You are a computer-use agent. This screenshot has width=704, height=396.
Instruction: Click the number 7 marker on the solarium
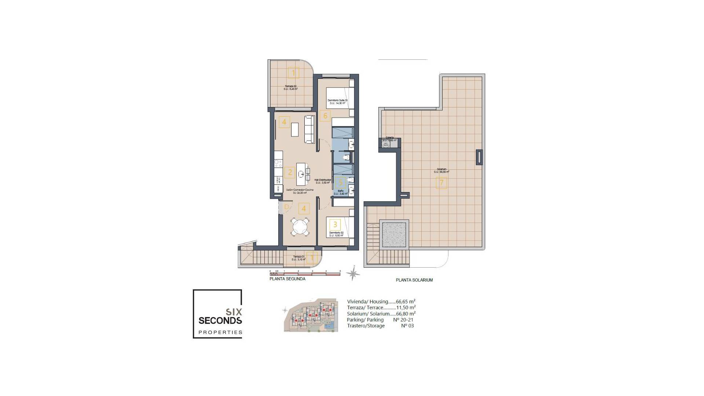pyautogui.click(x=441, y=183)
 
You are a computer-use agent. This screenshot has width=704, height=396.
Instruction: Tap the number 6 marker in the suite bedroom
pyautogui.click(x=325, y=116)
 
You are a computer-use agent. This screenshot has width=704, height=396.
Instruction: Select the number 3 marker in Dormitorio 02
pyautogui.click(x=335, y=224)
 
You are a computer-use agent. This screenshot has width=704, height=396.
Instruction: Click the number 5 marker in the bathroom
pyautogui.click(x=341, y=182)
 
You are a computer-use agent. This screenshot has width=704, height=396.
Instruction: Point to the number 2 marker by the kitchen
pyautogui.click(x=290, y=172)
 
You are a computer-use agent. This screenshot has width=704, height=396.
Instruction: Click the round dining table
pyautogui.click(x=300, y=227)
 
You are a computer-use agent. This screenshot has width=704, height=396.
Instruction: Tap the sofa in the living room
pyautogui.click(x=309, y=129)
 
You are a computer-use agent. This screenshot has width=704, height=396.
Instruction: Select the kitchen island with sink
pyautogui.click(x=301, y=174)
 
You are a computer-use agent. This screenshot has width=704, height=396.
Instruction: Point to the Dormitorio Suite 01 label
pyautogui.click(x=337, y=100)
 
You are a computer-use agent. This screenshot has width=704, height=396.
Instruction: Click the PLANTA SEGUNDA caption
pyautogui.click(x=287, y=279)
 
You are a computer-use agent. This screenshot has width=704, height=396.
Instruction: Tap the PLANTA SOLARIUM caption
pyautogui.click(x=414, y=280)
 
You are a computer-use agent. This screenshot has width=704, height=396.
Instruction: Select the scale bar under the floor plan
pyautogui.click(x=305, y=274)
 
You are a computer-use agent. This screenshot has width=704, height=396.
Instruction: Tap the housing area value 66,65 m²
pyautogui.click(x=406, y=302)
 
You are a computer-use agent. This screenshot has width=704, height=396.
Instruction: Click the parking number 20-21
pyautogui.click(x=403, y=320)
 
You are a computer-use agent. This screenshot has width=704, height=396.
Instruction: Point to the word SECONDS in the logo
pyautogui.click(x=220, y=320)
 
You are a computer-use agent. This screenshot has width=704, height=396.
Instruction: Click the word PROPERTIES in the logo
pyautogui.click(x=220, y=333)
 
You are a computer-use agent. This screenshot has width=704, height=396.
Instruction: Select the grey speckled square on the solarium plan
pyautogui.click(x=394, y=235)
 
